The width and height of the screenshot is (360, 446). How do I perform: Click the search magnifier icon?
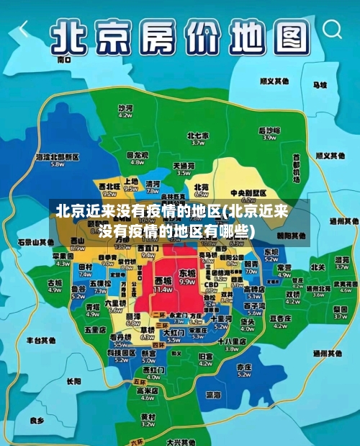(x=333, y=29)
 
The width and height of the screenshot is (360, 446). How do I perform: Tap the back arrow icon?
(x=24, y=29)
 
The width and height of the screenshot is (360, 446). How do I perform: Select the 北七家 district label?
(x=197, y=135)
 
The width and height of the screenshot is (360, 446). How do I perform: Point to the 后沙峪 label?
(x=269, y=130)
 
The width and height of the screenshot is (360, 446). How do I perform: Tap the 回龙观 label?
(x=136, y=154)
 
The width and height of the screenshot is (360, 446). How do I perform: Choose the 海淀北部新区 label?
(x=57, y=156)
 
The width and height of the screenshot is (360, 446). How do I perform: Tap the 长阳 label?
(x=73, y=381)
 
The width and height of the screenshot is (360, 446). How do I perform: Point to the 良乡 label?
(x=37, y=419)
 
